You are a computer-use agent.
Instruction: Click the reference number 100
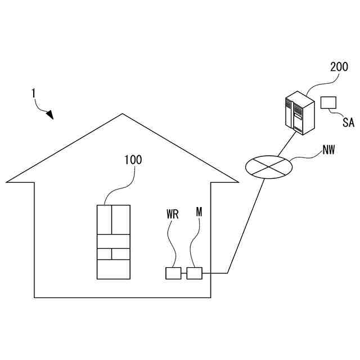pyautogui.click(x=133, y=160)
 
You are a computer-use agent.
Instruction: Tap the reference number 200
pyautogui.click(x=339, y=67)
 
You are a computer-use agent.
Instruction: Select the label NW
pyautogui.click(x=331, y=150)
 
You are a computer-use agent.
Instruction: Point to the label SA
pyautogui.click(x=349, y=123)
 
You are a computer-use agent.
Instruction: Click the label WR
pyautogui.click(x=173, y=214)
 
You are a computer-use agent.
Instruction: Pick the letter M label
pyautogui.click(x=199, y=211)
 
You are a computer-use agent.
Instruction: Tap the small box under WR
pyautogui.click(x=173, y=273)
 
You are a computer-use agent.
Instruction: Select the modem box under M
pyautogui.click(x=194, y=273)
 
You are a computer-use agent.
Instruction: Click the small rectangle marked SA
pyautogui.click(x=328, y=102)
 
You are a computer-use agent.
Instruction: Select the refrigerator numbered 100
pyautogui.click(x=113, y=242)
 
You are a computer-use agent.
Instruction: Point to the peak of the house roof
pyautogui.click(x=123, y=114)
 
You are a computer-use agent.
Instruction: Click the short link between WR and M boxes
pyautogui.click(x=184, y=273)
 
